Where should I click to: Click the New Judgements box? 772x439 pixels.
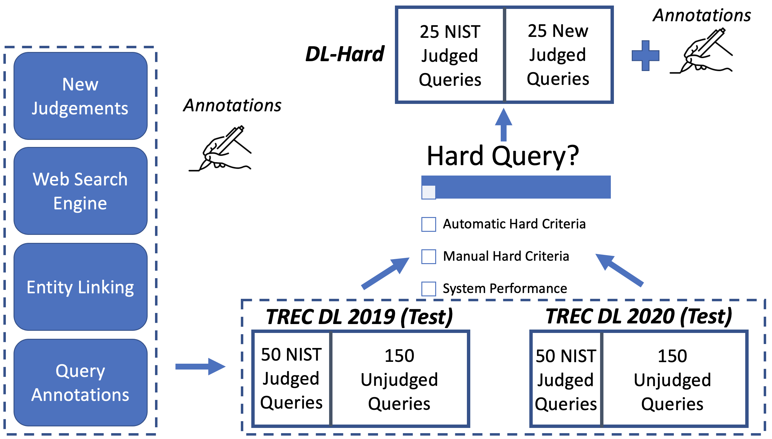81,96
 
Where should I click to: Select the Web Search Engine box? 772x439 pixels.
81,191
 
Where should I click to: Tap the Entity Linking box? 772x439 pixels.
81,287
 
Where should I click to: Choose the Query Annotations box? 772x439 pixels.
81,383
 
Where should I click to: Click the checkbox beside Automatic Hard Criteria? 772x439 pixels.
428,224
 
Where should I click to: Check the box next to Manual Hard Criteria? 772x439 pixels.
428,256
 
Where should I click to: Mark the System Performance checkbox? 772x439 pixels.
428,289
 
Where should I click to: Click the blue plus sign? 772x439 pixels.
645,56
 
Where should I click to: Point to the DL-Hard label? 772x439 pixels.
345,54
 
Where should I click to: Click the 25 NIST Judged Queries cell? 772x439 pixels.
450,55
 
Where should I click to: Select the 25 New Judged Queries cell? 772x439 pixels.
558,55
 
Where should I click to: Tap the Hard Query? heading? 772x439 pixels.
503,156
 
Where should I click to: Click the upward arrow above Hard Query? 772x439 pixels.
503,125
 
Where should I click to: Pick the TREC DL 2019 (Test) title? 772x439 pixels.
360,317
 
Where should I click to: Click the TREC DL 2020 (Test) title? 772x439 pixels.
639,317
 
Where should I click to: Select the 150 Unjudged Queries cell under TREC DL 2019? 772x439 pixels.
399,379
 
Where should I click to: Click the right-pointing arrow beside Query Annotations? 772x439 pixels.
200,366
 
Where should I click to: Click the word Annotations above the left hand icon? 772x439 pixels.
232,105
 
